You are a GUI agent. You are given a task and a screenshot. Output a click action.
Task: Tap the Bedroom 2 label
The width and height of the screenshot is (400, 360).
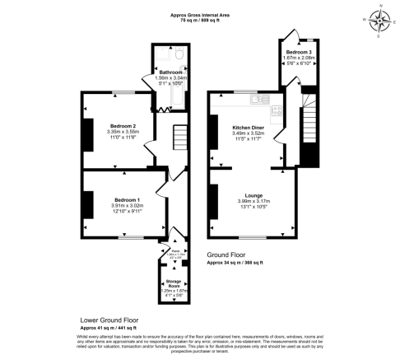120,126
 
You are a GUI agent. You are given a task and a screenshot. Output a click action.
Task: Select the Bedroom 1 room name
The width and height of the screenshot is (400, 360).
127,200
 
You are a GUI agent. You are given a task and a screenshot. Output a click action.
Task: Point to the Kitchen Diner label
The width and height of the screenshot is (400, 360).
248,128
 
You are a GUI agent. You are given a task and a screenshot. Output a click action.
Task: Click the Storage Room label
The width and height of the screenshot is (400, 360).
172,283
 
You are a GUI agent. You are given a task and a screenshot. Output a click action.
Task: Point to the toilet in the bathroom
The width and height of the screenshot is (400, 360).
179,56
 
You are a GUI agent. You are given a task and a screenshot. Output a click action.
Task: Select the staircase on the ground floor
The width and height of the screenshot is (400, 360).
309,124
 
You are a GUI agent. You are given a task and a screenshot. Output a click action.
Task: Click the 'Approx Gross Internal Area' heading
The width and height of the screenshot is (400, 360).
200,14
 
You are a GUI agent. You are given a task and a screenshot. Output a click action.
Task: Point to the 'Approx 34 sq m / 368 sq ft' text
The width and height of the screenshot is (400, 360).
235,262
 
